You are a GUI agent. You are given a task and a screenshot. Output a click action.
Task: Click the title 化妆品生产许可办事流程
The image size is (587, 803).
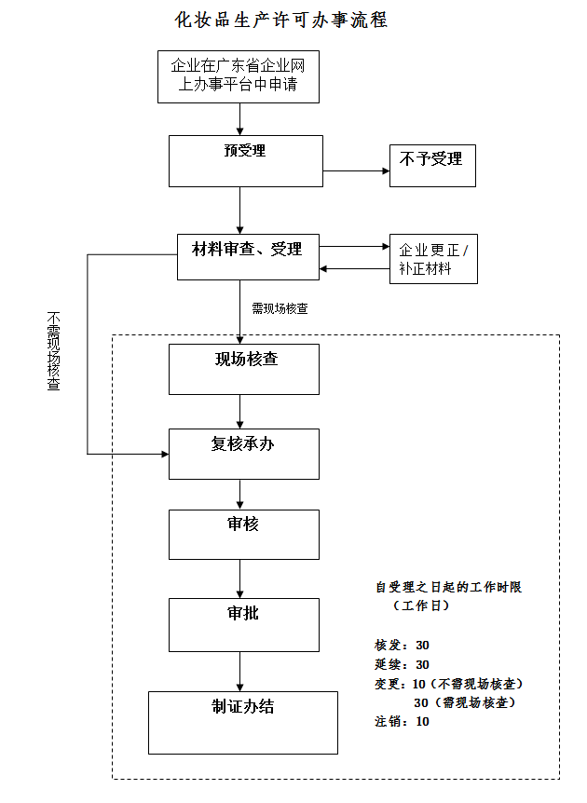[281, 20]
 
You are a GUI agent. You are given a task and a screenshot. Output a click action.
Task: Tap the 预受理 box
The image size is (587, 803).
[245, 160]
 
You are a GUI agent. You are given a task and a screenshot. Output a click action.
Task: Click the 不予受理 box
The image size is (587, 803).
[431, 166]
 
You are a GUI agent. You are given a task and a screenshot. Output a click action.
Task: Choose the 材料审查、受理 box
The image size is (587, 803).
[247, 256]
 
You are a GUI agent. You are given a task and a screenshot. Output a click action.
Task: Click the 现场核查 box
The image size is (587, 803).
[244, 369]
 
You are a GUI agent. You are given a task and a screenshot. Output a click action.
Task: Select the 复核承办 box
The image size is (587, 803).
[244, 454]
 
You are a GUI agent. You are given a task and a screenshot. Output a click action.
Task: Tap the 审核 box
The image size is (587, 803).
[244, 534]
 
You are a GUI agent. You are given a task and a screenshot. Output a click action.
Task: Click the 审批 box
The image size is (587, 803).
[244, 624]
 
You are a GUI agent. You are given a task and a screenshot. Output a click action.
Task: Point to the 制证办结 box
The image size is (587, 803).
[243, 721]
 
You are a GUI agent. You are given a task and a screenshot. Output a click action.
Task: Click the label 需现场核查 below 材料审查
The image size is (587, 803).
[280, 308]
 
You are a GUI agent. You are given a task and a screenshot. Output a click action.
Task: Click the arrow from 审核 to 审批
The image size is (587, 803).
[241, 578]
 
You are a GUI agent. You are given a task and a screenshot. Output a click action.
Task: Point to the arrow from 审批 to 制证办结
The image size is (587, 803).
[241, 671]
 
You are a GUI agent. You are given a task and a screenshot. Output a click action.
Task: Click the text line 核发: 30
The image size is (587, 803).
[402, 645]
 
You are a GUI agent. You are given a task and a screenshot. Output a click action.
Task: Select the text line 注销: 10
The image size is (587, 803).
[402, 721]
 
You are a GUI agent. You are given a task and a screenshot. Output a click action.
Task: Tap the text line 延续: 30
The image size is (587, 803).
[402, 664]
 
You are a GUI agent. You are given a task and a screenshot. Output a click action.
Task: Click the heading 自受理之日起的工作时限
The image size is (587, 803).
[448, 587]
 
